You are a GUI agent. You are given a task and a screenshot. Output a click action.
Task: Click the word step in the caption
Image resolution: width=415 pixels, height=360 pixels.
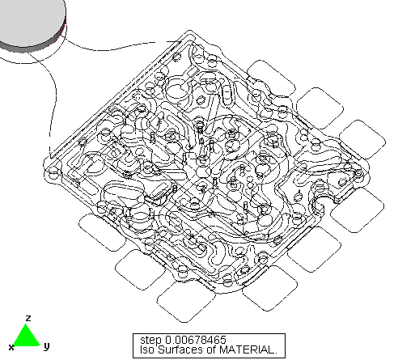click(x=150, y=340)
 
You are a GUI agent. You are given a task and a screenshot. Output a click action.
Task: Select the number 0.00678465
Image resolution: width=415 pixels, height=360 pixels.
click(x=196, y=339)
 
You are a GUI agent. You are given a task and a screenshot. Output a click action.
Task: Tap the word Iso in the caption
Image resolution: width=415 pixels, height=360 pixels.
click(x=147, y=349)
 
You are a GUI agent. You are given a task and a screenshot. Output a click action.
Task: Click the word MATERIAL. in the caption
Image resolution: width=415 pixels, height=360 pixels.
click(x=248, y=349)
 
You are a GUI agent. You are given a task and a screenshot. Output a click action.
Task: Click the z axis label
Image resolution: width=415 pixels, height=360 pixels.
click(x=28, y=318)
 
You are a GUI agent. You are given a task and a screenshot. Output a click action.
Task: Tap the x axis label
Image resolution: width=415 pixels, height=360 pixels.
click(x=11, y=347)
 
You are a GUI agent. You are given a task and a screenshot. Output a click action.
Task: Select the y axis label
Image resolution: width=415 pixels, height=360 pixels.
click(x=47, y=346)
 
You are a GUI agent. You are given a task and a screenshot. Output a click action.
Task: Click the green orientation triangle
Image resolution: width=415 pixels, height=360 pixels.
click(x=26, y=337)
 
